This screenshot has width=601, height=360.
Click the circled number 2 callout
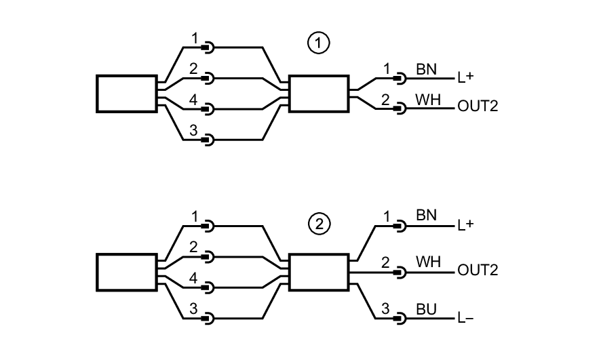[318, 223]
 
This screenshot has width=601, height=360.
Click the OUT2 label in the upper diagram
[478, 106]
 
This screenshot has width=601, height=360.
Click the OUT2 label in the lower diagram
[478, 271]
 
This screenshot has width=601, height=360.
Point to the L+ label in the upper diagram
[465, 77]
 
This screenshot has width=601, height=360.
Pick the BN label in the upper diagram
[426, 69]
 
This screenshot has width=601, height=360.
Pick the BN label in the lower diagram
[426, 216]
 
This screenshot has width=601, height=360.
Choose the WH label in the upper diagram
[427, 100]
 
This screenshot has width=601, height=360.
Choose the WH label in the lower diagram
[427, 261]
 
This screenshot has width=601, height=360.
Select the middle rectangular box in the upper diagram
[319, 93]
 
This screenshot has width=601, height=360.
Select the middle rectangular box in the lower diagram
[319, 272]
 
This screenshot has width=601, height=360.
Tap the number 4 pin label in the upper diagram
[193, 99]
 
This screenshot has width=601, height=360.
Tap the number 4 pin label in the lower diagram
[193, 278]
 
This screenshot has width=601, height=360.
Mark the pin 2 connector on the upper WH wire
[400, 106]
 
